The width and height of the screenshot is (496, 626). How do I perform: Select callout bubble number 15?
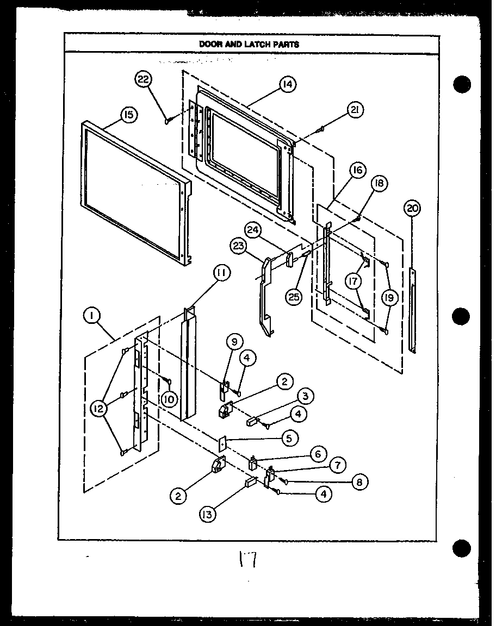[129, 115]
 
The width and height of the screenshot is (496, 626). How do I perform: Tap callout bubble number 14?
[287, 84]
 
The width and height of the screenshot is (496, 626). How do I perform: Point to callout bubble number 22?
[142, 79]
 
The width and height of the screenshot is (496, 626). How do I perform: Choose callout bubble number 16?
[357, 171]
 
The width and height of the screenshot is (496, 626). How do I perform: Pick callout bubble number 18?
[379, 184]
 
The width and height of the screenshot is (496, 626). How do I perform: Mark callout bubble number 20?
[413, 208]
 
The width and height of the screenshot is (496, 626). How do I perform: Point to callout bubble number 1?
[92, 315]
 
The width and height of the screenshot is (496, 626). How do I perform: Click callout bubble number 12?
[98, 410]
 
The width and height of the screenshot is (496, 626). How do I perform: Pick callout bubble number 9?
[234, 342]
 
